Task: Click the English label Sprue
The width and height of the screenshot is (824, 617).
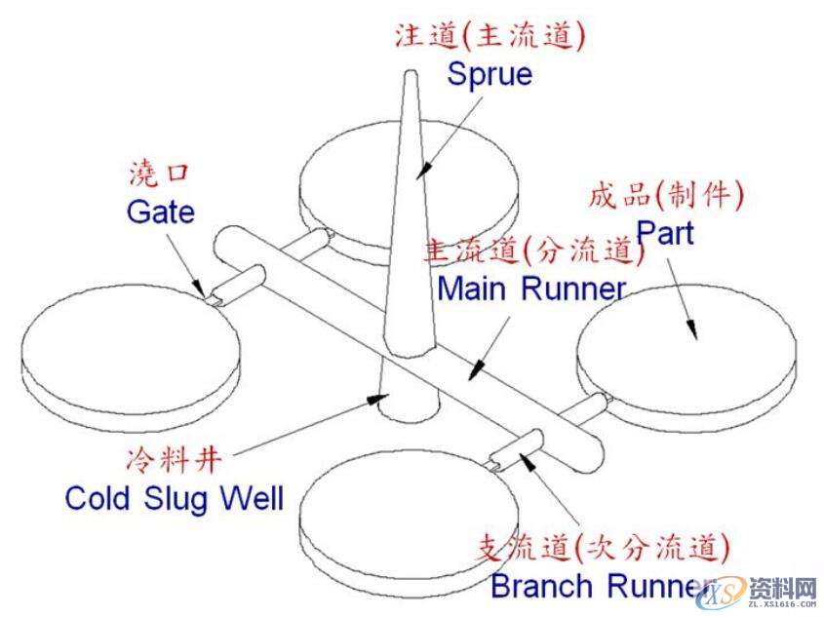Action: [490, 75]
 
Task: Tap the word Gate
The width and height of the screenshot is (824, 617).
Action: [160, 212]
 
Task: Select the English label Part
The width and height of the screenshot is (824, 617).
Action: [665, 233]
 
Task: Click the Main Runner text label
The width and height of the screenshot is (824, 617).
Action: [531, 289]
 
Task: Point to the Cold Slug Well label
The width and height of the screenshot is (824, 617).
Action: [174, 498]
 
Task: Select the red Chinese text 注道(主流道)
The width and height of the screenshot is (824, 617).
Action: [490, 36]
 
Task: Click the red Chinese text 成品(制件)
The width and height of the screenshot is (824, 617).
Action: [666, 195]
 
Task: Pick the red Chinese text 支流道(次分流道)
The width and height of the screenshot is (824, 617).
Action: [605, 547]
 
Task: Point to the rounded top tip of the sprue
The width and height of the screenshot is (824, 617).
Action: [411, 76]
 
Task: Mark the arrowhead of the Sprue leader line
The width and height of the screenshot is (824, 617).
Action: [421, 173]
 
